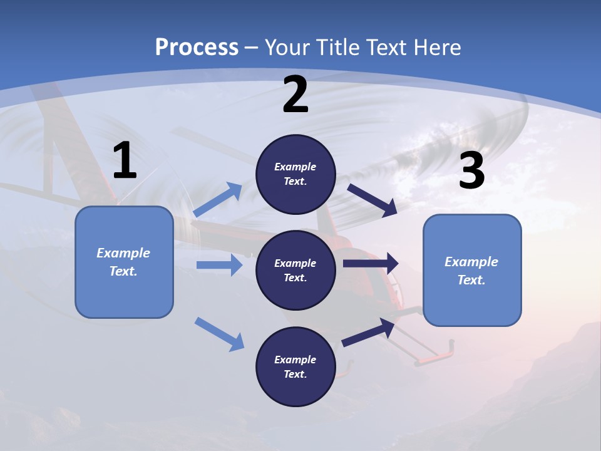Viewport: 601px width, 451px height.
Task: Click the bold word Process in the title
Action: (197, 47)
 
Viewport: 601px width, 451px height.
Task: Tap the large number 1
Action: (125, 160)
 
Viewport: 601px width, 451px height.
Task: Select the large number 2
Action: (295, 95)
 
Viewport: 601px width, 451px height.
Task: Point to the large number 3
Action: (471, 171)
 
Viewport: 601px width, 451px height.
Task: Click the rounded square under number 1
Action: (124, 262)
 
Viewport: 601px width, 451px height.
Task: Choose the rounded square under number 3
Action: (472, 270)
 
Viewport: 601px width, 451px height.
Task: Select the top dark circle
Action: (295, 174)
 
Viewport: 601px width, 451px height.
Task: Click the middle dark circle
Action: (295, 270)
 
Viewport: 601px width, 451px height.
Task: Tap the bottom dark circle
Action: (295, 366)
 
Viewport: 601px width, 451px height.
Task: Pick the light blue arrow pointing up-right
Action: (218, 200)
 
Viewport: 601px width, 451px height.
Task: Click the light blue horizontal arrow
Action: (219, 265)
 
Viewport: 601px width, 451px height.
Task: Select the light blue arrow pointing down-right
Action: (219, 333)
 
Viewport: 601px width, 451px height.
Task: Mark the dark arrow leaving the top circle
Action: (372, 200)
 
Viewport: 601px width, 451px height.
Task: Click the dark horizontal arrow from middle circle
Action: (371, 264)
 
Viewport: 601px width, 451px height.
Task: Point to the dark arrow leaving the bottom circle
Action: (368, 333)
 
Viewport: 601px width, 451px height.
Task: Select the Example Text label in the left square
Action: (123, 262)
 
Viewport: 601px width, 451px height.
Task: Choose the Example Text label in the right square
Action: (471, 271)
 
